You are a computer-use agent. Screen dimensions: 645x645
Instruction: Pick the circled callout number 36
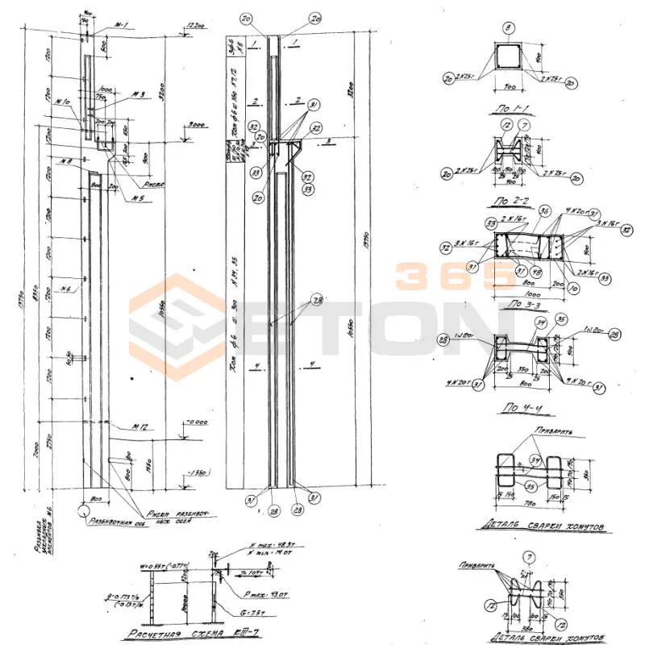coord(543,211)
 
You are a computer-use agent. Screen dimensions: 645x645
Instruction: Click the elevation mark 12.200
coord(193,26)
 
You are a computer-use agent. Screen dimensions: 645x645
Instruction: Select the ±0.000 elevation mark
coord(194,420)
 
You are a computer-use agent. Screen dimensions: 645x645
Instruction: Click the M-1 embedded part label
coord(122,26)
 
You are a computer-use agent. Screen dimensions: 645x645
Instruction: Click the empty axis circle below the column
coord(83,510)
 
